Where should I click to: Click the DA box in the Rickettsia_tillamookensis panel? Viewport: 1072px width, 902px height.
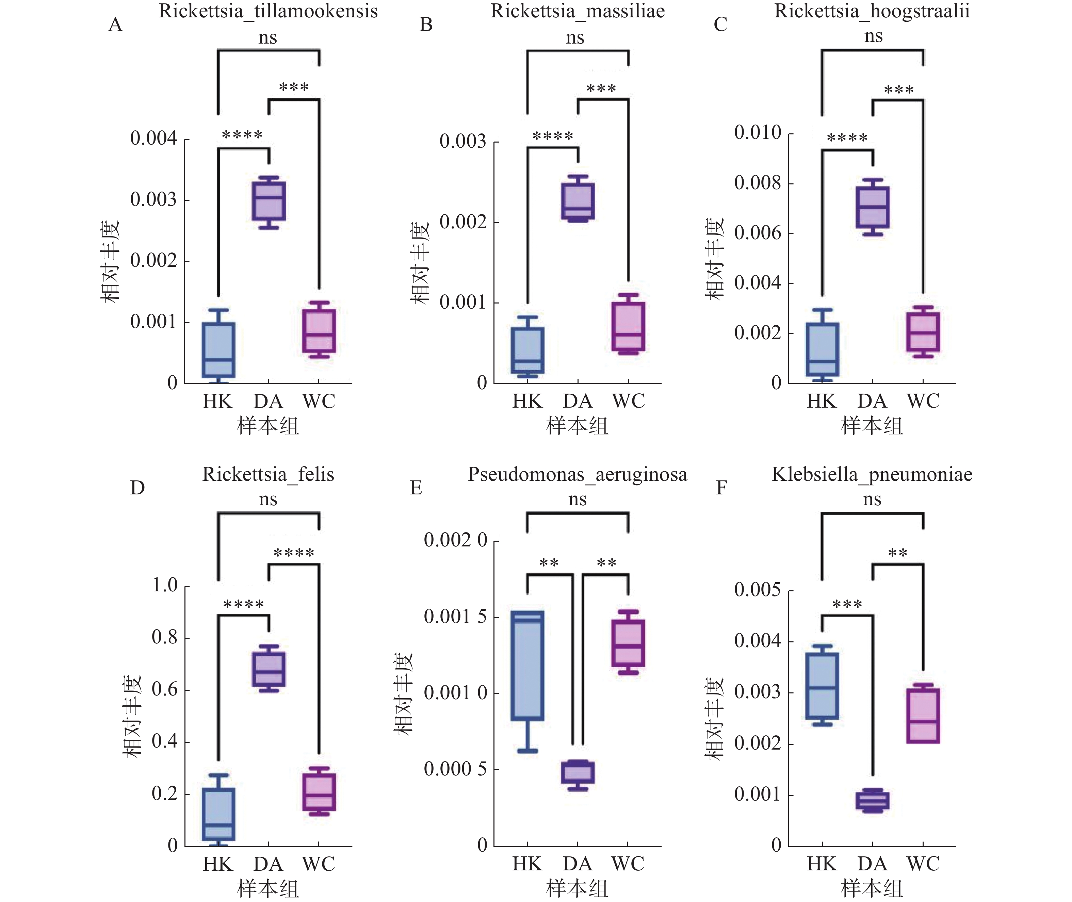click(269, 201)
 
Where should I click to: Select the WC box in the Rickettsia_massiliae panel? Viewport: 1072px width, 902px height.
click(628, 326)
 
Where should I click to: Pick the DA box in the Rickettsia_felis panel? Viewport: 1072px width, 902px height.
click(269, 669)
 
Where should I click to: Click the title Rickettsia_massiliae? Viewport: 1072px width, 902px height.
click(578, 11)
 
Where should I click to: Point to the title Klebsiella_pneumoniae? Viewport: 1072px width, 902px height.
click(872, 474)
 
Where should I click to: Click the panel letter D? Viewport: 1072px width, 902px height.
click(137, 488)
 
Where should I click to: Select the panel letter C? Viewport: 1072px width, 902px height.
click(720, 24)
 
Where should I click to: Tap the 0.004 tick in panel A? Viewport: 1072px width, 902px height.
click(153, 138)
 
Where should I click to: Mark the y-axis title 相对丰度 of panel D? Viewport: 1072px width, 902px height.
click(132, 716)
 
